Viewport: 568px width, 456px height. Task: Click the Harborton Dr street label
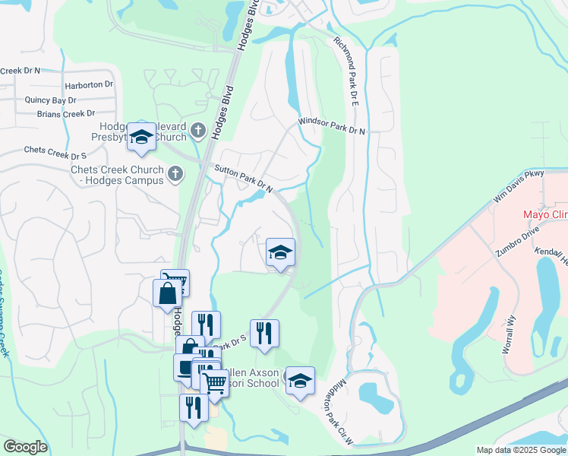click(x=89, y=85)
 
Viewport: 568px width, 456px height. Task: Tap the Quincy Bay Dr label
click(x=51, y=100)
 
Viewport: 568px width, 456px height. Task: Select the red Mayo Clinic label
click(x=545, y=214)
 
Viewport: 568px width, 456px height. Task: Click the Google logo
click(x=25, y=447)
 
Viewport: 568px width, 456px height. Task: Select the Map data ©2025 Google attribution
click(x=520, y=450)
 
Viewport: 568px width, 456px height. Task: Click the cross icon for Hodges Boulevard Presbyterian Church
click(x=198, y=130)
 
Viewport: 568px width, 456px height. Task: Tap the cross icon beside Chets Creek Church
click(x=175, y=173)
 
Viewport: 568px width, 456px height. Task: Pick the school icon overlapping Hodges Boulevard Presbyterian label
click(x=141, y=137)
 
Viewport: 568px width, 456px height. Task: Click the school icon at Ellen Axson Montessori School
click(x=300, y=380)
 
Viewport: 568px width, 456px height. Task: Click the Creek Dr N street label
click(x=20, y=71)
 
